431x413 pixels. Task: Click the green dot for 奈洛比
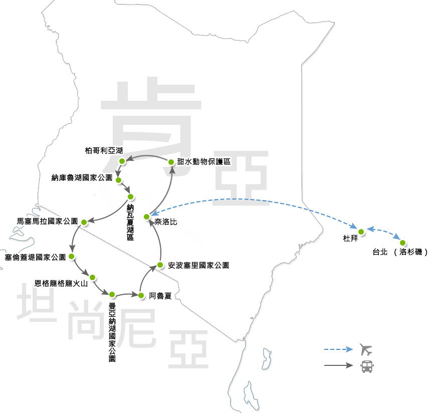[x=146, y=217]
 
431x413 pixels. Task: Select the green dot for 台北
[x=402, y=243]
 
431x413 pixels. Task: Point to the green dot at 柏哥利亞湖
[x=122, y=161]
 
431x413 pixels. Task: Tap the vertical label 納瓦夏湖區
[x=130, y=222]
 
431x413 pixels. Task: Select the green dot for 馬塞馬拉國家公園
[x=84, y=222]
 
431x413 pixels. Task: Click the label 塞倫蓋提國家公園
[x=35, y=257]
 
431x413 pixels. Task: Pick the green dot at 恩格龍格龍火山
[x=93, y=276]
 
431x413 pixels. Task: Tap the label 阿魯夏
[x=160, y=296]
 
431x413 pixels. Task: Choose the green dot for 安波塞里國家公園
[x=160, y=265]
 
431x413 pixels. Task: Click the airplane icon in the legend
[x=366, y=349]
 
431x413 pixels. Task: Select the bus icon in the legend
[x=366, y=366]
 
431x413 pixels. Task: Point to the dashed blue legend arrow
[x=338, y=349]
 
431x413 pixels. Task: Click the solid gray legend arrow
[x=338, y=365]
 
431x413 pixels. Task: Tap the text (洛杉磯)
[x=410, y=252]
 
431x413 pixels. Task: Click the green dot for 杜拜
[x=361, y=231]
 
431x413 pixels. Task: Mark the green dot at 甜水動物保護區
[x=171, y=162]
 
